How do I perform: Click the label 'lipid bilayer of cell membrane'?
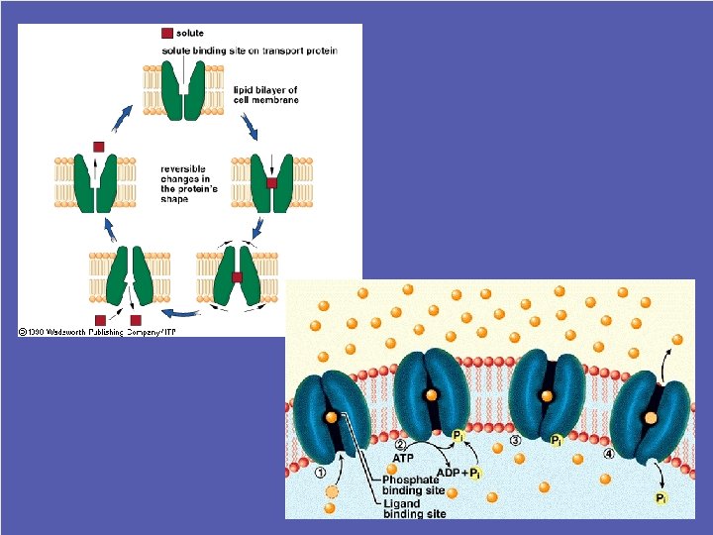point(265,93)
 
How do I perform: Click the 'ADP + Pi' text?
point(458,472)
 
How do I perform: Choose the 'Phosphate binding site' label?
point(411,484)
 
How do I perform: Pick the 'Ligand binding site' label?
point(414,508)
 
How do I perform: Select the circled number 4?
point(609,454)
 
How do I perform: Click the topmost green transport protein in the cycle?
point(182,90)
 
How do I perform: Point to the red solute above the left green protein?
point(98,147)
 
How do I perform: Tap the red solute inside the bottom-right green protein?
point(238,277)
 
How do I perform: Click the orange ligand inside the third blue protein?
point(546,396)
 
